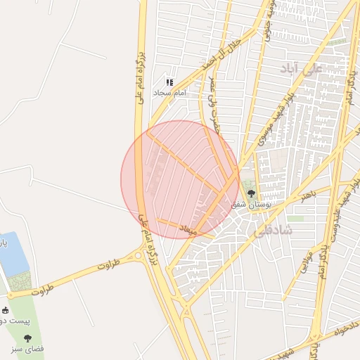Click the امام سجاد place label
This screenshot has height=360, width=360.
(x=170, y=92)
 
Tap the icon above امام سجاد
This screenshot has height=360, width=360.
(x=169, y=82)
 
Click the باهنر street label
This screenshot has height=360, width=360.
(x=307, y=195)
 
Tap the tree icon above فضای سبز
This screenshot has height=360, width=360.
(x=28, y=338)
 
